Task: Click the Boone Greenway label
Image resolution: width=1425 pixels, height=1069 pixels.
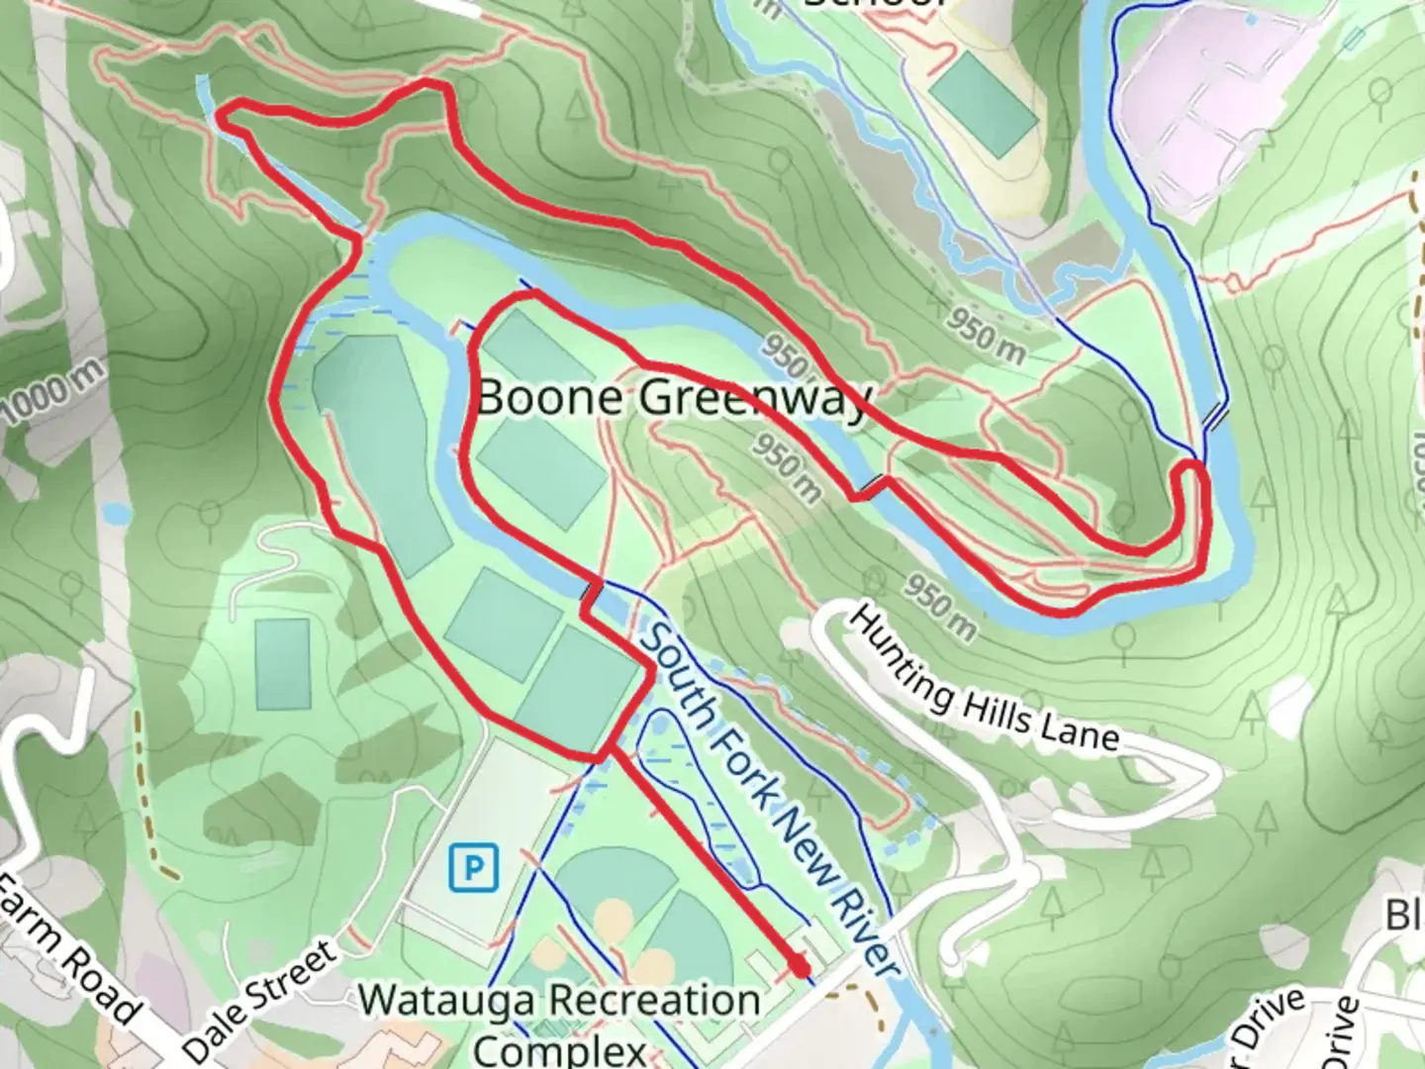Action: tap(673, 398)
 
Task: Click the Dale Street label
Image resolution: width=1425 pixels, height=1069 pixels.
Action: tap(261, 1000)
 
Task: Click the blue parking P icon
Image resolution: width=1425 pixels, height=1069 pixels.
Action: tap(474, 869)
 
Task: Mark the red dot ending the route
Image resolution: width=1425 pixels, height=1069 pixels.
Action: tap(799, 965)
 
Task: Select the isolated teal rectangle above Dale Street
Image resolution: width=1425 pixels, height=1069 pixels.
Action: tap(282, 663)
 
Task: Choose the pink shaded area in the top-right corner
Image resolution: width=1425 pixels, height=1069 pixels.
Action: tap(1217, 99)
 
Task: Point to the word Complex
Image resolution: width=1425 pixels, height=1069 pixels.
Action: tap(560, 1049)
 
